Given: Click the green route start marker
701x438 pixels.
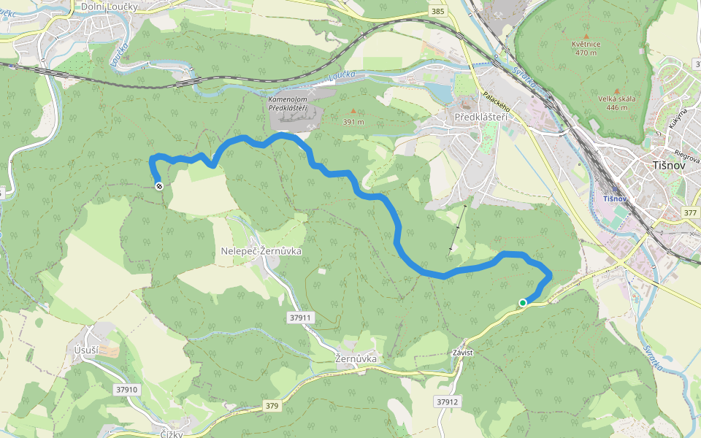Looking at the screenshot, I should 523,302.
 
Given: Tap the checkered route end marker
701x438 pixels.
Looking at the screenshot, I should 158,186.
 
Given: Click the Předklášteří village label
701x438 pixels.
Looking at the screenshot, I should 480,117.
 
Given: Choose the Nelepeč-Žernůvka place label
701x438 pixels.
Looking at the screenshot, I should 261,251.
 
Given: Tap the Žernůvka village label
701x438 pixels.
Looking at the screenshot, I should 356,359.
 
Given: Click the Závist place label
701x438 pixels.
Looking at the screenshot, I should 463,353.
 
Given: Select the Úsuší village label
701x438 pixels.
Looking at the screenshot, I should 86,350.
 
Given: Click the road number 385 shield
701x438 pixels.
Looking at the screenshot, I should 438,12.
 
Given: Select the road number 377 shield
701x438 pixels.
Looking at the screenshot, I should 690,212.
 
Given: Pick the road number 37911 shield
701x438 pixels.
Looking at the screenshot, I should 300,318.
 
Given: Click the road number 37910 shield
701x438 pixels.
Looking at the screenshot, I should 126,390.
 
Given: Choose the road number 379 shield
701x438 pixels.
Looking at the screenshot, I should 272,406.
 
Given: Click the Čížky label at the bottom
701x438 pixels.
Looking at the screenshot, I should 171,434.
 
